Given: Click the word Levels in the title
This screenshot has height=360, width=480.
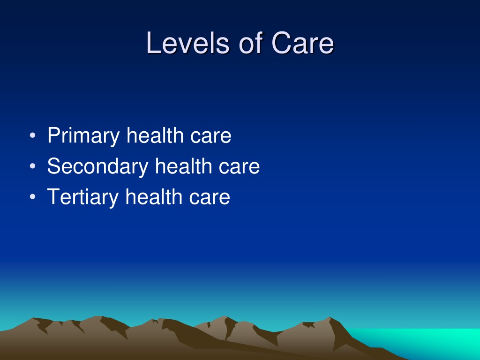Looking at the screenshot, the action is tap(187, 43).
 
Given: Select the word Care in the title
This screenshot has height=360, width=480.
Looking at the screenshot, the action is tap(302, 43).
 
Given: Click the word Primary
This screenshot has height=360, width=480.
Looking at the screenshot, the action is tap(83, 135).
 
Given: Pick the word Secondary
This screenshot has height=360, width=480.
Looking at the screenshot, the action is tap(97, 166).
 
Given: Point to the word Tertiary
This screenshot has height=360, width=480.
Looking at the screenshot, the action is tap(82, 197).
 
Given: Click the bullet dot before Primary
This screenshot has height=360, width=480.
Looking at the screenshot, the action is tap(32, 135).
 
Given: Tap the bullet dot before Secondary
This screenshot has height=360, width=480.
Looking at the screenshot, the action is tap(32, 166).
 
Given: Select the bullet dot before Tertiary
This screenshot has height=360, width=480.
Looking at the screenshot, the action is tap(32, 196).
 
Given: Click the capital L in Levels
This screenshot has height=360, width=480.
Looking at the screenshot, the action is tap(153, 43).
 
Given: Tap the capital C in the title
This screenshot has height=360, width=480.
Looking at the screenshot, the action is tap(281, 43).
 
